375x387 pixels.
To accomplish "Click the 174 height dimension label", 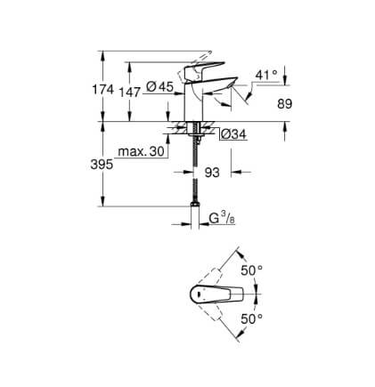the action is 103,89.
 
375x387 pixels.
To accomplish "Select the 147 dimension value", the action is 129,93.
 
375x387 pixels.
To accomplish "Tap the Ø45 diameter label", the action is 159,86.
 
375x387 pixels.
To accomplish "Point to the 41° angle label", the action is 266,75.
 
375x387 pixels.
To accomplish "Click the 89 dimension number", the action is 285,104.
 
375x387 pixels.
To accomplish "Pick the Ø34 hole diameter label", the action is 233,134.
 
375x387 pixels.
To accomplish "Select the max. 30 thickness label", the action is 141,151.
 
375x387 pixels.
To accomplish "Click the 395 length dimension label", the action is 102,165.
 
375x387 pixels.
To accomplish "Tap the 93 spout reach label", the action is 212,173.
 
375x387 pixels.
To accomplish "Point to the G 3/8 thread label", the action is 223,219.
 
